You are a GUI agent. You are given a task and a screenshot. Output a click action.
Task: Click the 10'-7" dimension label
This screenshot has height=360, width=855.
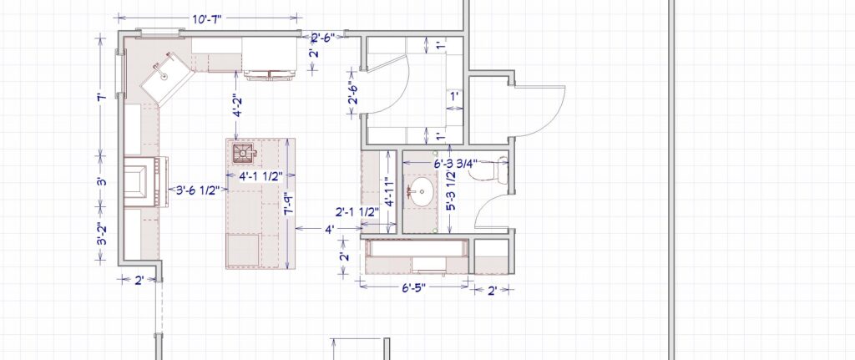pos(207,19)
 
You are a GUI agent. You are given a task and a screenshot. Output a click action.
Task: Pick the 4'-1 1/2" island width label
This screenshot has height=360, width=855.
pos(261,175)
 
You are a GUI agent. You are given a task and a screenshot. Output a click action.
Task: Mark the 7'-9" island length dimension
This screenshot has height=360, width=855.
pos(288,203)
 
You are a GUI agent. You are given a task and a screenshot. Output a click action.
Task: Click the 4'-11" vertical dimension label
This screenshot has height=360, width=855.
pos(388,191)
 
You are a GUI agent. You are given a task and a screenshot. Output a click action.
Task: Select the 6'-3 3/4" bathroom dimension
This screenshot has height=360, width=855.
pos(455,163)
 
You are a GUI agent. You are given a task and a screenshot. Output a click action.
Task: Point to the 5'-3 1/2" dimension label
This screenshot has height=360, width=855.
pos(450,191)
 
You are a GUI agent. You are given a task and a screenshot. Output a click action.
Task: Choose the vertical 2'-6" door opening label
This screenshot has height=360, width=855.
pos(354,93)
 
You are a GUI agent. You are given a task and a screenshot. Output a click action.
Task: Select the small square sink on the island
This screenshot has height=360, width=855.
pos(243,152)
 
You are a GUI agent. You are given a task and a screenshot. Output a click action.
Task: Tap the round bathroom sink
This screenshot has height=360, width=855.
pos(421,191)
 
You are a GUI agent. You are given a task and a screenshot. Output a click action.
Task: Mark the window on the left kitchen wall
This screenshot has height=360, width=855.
pos(121,74)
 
